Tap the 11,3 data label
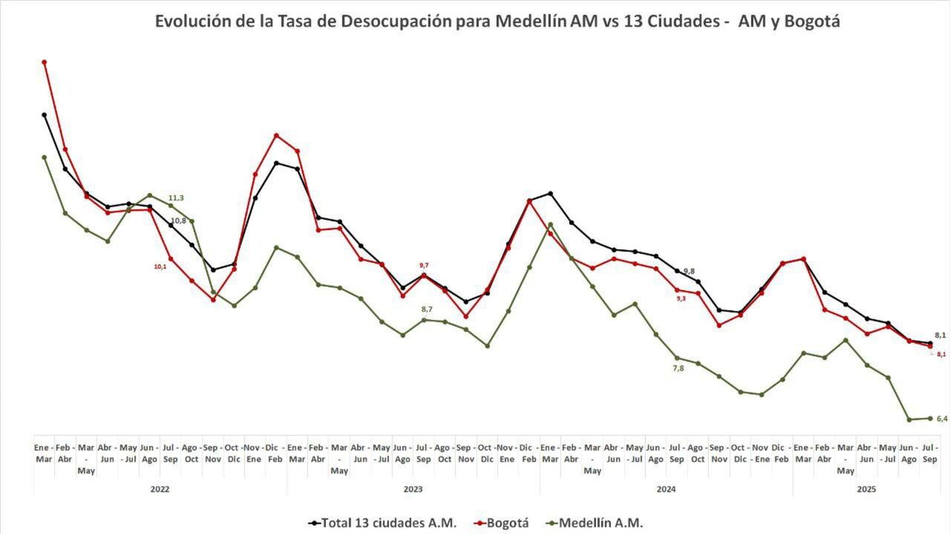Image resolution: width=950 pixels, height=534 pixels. coord(176,198)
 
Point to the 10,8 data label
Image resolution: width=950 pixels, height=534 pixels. coord(179,221)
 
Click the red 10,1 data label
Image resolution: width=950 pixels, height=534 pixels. coord(160,266)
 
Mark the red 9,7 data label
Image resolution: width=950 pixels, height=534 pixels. coord(424,265)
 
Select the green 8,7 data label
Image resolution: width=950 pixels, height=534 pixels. coord(427,309)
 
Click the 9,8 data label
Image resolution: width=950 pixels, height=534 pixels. coord(689,271)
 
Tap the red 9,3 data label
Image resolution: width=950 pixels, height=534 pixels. coord(681,298)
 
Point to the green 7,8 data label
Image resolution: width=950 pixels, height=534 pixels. coord(678,368)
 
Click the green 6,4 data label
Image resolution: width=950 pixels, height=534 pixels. coord(942,419)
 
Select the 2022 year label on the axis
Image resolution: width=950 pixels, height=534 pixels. coord(160,489)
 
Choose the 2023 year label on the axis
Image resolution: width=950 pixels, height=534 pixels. coord(413,489)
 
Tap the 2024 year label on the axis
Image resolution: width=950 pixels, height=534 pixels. coord(666,489)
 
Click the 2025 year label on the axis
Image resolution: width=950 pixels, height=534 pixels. coord(867,489)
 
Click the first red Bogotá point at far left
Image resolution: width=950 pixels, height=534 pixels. coord(45,62)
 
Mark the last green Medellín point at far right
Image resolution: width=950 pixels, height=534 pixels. coord(930,418)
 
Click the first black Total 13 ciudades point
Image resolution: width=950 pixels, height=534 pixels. coord(45,115)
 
